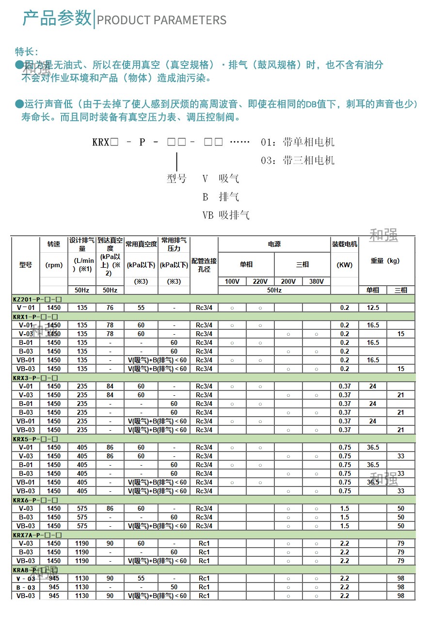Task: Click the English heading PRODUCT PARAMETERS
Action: (x=161, y=20)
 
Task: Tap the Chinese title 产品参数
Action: (x=57, y=18)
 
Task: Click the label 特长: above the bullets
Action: (x=27, y=52)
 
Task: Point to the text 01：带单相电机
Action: (x=297, y=142)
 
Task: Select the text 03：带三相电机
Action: (x=297, y=161)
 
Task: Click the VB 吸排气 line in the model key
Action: (x=225, y=215)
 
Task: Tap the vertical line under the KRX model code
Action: (x=177, y=161)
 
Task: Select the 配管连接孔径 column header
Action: (x=204, y=265)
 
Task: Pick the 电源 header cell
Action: (x=274, y=244)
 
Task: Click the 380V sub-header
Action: (x=316, y=281)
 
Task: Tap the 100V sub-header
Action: (x=232, y=281)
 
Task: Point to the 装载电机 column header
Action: (x=345, y=244)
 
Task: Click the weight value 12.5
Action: (x=373, y=308)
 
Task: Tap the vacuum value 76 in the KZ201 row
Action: (x=110, y=308)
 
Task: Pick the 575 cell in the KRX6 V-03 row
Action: (x=82, y=508)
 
